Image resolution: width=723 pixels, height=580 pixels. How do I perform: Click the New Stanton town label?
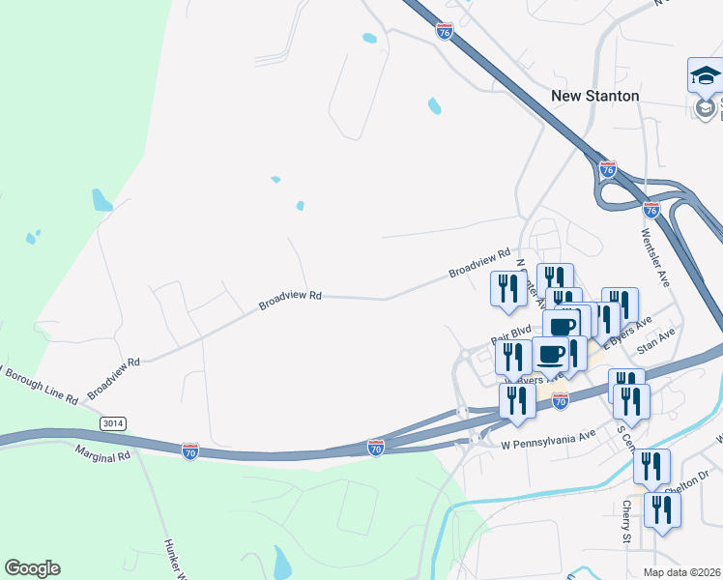click(x=594, y=96)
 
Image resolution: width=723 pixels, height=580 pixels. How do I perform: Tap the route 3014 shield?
click(x=113, y=423)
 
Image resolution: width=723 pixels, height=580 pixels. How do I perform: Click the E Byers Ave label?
click(x=628, y=330)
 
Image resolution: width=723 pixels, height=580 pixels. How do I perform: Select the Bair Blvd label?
click(x=511, y=334)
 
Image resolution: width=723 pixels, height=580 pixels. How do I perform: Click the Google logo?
click(x=32, y=568)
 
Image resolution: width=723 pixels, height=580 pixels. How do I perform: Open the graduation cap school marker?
click(x=705, y=74)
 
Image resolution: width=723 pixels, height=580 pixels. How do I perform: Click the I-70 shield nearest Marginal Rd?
click(x=190, y=451)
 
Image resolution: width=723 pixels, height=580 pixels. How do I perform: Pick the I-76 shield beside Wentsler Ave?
click(x=651, y=209)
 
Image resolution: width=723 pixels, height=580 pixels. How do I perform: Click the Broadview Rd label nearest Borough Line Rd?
click(x=114, y=378)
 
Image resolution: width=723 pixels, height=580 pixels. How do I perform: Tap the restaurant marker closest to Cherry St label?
click(x=661, y=508)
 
